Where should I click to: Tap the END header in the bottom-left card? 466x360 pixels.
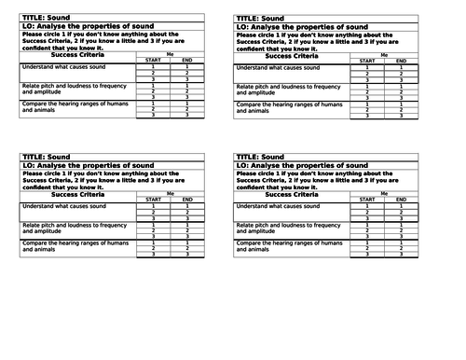click(187, 200)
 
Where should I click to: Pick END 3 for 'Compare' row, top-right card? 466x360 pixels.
click(401, 116)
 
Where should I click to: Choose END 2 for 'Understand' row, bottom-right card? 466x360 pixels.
click(401, 212)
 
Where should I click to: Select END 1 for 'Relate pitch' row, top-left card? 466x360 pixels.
click(187, 85)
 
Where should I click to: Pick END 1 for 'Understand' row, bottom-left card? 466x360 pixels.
click(187, 205)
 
